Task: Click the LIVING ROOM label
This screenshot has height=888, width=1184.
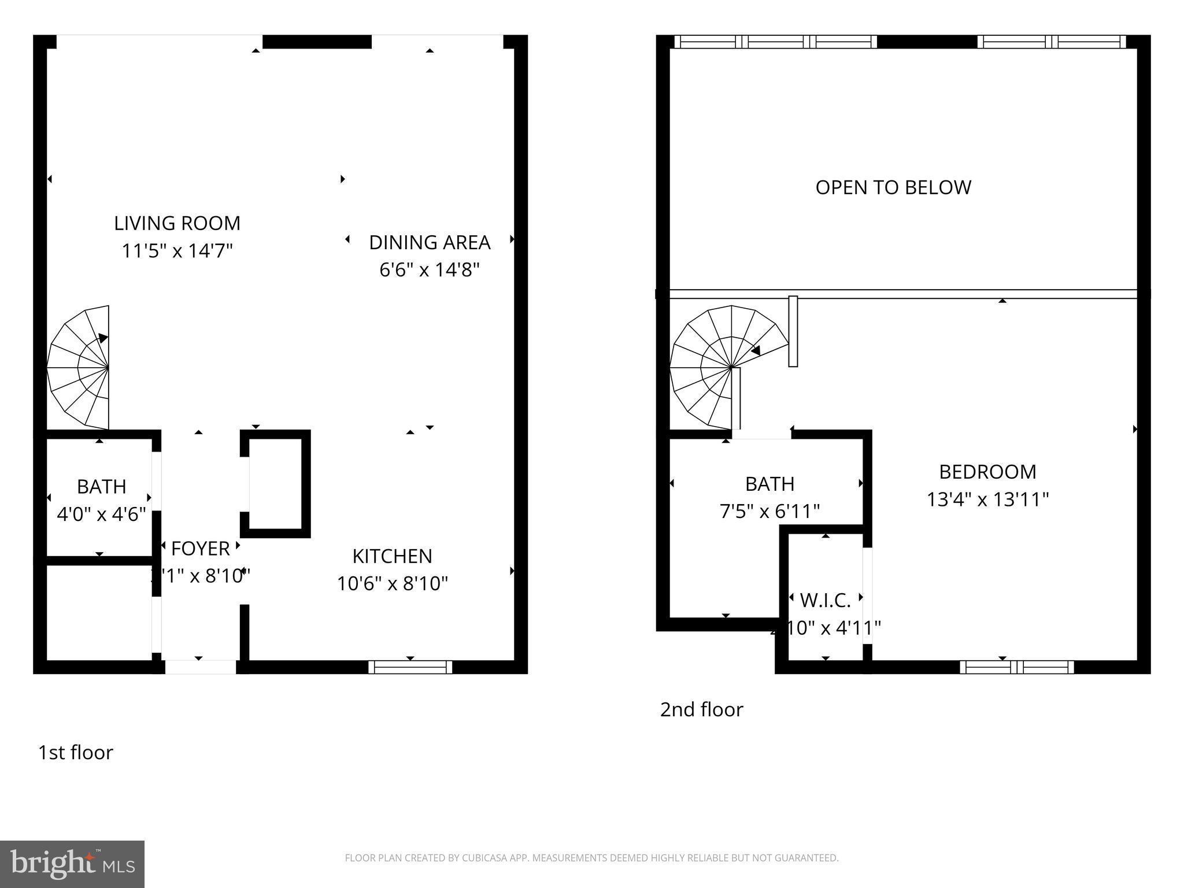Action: [177, 223]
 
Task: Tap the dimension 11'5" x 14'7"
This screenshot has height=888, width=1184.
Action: [177, 251]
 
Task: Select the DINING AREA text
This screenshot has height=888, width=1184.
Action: [430, 242]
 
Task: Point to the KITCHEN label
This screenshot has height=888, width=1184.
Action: [392, 556]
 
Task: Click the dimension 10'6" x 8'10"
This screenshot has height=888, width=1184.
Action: [392, 584]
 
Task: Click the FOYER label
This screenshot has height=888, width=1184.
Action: [200, 548]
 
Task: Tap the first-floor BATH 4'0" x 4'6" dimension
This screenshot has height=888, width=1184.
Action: [101, 514]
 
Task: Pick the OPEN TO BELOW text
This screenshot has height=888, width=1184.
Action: [893, 187]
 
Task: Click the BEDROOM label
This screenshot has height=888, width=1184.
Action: [987, 472]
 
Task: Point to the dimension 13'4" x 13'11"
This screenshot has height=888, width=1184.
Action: [987, 499]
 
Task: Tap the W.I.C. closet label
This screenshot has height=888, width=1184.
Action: [825, 601]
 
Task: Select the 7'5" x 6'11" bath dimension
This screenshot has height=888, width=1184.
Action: [769, 512]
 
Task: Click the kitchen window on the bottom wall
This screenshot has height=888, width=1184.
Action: [410, 667]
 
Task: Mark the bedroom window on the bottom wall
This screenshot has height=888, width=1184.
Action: [1016, 667]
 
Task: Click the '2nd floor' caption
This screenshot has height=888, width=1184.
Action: [701, 709]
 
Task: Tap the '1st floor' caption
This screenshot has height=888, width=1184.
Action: [75, 752]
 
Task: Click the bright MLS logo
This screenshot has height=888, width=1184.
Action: [72, 864]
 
